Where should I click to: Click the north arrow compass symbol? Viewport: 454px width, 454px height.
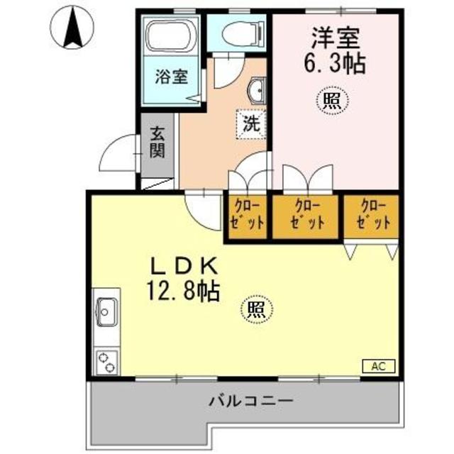[72, 28]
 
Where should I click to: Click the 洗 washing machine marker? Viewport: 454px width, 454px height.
[251, 122]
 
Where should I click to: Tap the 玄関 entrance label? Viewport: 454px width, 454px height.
[157, 143]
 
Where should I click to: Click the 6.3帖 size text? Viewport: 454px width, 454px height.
[334, 64]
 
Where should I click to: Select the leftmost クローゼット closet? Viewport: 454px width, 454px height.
[247, 214]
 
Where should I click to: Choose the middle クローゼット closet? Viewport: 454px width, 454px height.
[307, 214]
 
